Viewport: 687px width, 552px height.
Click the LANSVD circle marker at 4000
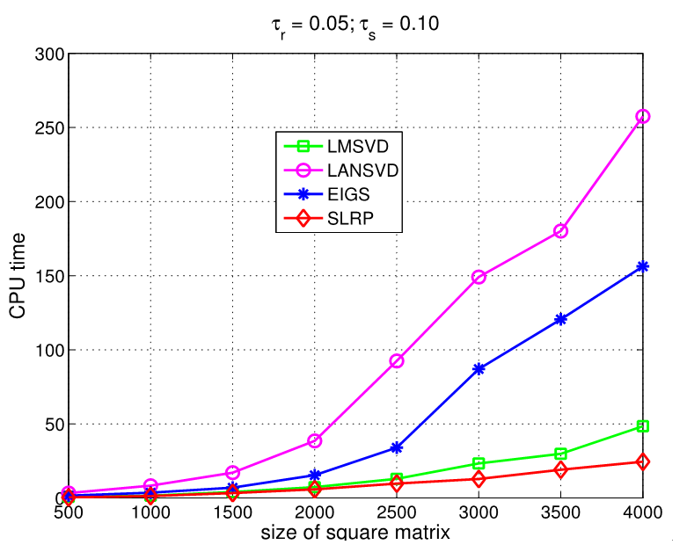[643, 116]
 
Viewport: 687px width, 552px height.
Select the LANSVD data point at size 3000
[479, 277]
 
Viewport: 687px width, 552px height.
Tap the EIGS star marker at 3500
[561, 319]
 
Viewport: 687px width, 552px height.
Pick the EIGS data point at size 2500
[397, 447]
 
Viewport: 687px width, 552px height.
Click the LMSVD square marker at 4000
[643, 426]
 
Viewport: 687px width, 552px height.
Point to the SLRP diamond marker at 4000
[643, 461]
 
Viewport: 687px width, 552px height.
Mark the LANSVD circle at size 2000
[315, 440]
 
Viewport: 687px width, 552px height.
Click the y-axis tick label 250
[50, 128]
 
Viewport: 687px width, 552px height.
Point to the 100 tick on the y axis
[50, 351]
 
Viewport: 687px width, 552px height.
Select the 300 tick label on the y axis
[50, 54]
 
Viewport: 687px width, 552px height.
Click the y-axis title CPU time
[18, 276]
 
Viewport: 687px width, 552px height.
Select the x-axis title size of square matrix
[356, 533]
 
